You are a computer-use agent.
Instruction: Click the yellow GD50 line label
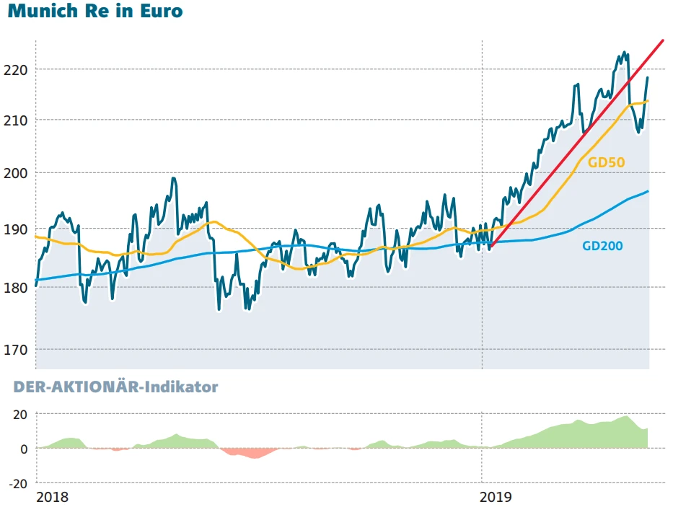point(606,162)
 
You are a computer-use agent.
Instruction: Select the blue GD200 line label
point(602,246)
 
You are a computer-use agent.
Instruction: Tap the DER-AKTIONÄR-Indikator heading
point(115,387)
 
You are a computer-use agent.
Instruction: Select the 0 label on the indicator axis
point(25,449)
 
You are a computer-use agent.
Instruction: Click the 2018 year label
point(52,497)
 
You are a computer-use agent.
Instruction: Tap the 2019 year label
point(495,497)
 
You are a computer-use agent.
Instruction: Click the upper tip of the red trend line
point(661,40)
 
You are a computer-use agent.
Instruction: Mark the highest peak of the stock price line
point(624,53)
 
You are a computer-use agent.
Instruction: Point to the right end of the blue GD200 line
point(648,191)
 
